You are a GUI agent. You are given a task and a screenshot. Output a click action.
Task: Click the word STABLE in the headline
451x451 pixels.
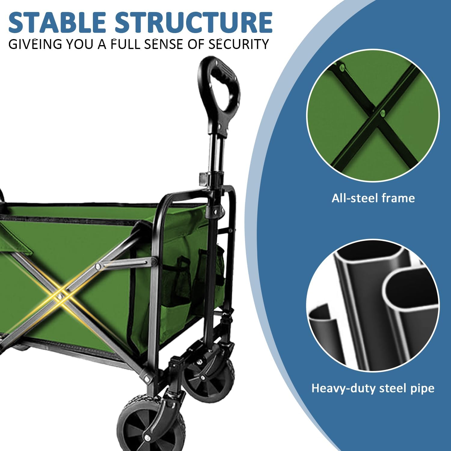(x=57, y=22)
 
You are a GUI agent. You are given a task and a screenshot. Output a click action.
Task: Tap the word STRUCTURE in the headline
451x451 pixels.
(x=194, y=22)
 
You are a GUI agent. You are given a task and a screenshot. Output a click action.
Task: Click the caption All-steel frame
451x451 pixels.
(x=373, y=198)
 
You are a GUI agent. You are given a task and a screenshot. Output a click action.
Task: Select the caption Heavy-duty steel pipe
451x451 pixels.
(x=373, y=388)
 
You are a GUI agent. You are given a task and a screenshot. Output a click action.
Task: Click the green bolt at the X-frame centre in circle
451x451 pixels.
(x=382, y=113)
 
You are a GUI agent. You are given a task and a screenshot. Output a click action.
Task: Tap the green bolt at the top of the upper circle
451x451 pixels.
(x=342, y=68)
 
